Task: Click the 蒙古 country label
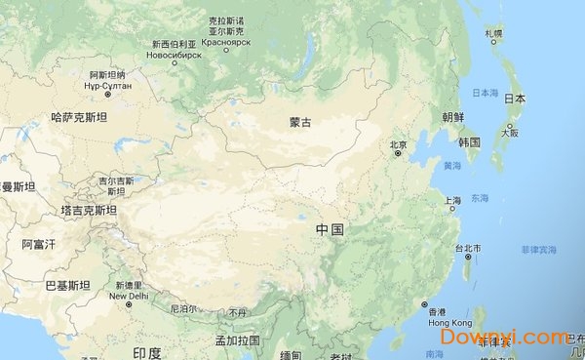300,123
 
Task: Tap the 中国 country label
330,229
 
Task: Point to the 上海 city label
452,201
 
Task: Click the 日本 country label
515,99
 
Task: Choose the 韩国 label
470,142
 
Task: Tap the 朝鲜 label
453,116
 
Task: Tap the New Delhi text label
128,296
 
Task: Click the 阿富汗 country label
40,244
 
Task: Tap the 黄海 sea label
451,167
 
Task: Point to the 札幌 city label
493,33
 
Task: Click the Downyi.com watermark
504,338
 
